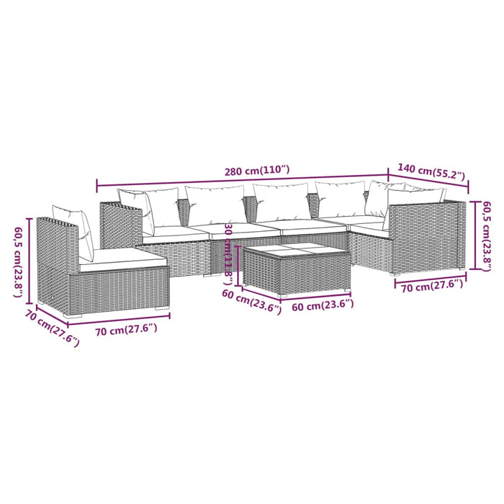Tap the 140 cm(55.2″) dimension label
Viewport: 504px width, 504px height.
pyautogui.click(x=431, y=174)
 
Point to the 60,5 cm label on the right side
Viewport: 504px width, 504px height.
pyautogui.click(x=487, y=234)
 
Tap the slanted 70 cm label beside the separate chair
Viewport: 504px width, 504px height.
pyautogui.click(x=52, y=328)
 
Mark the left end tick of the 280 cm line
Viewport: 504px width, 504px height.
pyautogui.click(x=97, y=186)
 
